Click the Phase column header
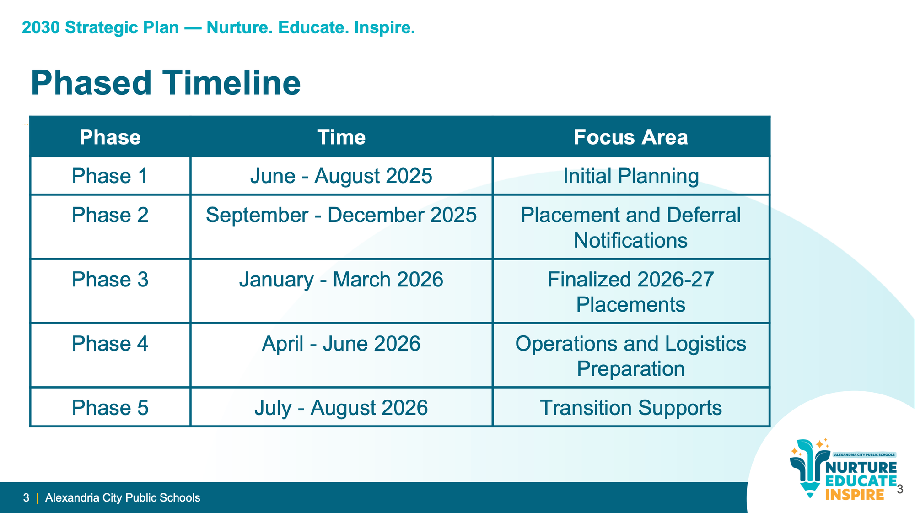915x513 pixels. click(110, 137)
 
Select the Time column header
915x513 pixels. click(341, 137)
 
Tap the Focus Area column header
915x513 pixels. click(631, 137)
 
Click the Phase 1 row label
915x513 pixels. click(110, 176)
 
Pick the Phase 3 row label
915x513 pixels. click(110, 280)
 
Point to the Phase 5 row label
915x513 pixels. click(110, 408)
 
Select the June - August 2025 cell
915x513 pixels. click(341, 176)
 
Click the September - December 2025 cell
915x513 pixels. click(341, 215)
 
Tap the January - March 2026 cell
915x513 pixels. click(341, 280)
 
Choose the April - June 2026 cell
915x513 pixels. click(341, 344)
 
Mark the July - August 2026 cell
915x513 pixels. click(341, 408)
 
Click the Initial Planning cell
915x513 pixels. click(631, 176)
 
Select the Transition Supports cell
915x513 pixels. click(631, 408)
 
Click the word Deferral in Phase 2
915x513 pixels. click(704, 215)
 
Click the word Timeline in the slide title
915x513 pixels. click(232, 83)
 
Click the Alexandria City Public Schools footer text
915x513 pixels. click(123, 498)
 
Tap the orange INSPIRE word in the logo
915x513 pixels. click(855, 495)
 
